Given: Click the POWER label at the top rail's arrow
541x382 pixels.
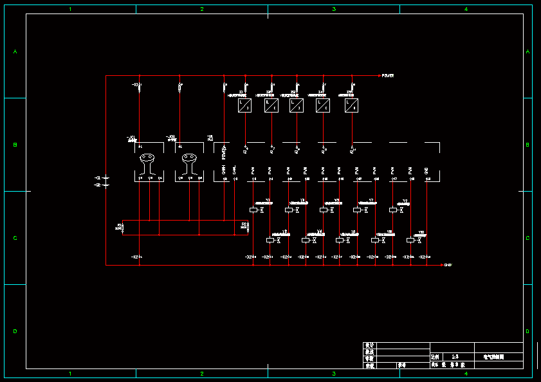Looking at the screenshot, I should pos(388,76).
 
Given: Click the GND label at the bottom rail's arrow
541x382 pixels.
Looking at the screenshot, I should pos(448,265).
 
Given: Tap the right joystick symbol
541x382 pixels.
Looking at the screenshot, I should pos(189,163).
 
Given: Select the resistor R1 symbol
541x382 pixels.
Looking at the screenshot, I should pos(122,227).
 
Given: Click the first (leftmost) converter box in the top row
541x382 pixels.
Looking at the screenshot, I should pos(244,105).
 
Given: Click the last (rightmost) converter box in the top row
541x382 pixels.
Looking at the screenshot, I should pos(351,105).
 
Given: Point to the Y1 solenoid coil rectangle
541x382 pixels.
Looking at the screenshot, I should pos(253,210).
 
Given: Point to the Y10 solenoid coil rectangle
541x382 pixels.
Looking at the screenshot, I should pos(410,240).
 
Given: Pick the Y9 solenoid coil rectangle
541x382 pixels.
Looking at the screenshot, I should pos(392,210).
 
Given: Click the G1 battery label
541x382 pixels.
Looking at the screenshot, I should pos(98,177).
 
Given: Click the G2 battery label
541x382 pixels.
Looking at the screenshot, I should pos(98,185).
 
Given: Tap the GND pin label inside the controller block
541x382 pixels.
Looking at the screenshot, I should pos(426,170).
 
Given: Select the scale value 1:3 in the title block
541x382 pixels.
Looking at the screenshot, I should pos(455,356).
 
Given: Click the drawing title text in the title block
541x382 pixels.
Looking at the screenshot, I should pos(494,356).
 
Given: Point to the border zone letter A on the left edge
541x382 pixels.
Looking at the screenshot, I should pos(15,51).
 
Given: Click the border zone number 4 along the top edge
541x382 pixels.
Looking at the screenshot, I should pos(466,9).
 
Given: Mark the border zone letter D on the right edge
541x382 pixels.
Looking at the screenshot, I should pos(527,331).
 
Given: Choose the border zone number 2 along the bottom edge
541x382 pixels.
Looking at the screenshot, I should pos(202,373).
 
